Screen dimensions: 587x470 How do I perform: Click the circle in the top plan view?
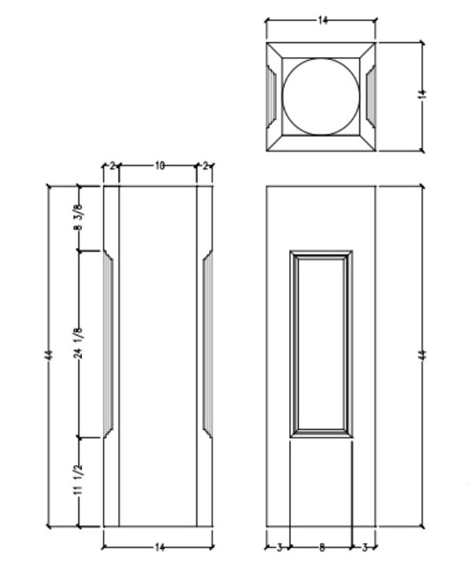(x=321, y=96)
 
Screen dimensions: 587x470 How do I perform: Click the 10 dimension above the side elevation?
(x=158, y=166)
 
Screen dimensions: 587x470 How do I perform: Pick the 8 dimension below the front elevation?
(x=321, y=547)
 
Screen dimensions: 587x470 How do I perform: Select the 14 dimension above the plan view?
(x=321, y=19)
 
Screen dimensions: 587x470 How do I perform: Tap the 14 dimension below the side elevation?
(x=159, y=547)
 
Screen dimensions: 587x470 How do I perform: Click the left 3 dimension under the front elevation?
(x=279, y=547)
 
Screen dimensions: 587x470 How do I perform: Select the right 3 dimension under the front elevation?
(x=364, y=547)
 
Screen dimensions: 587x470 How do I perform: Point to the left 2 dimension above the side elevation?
(x=111, y=166)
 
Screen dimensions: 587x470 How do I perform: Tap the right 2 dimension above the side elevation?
(x=205, y=166)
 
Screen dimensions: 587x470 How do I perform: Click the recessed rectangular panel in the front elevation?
(x=321, y=344)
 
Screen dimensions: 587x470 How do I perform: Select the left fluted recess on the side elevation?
(x=110, y=344)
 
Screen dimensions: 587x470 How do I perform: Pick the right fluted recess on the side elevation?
(x=206, y=344)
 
